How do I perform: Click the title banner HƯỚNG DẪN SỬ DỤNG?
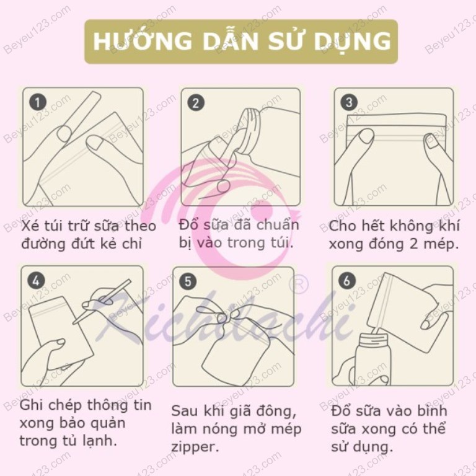[240, 41]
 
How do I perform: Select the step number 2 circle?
[196, 102]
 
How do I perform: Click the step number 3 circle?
[349, 102]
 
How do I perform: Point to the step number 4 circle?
[37, 280]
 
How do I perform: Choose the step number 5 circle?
[188, 281]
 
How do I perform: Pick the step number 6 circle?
[346, 280]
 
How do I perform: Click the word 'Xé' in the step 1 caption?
[31, 225]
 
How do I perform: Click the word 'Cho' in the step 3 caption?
[342, 225]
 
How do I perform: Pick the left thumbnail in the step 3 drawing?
[366, 135]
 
